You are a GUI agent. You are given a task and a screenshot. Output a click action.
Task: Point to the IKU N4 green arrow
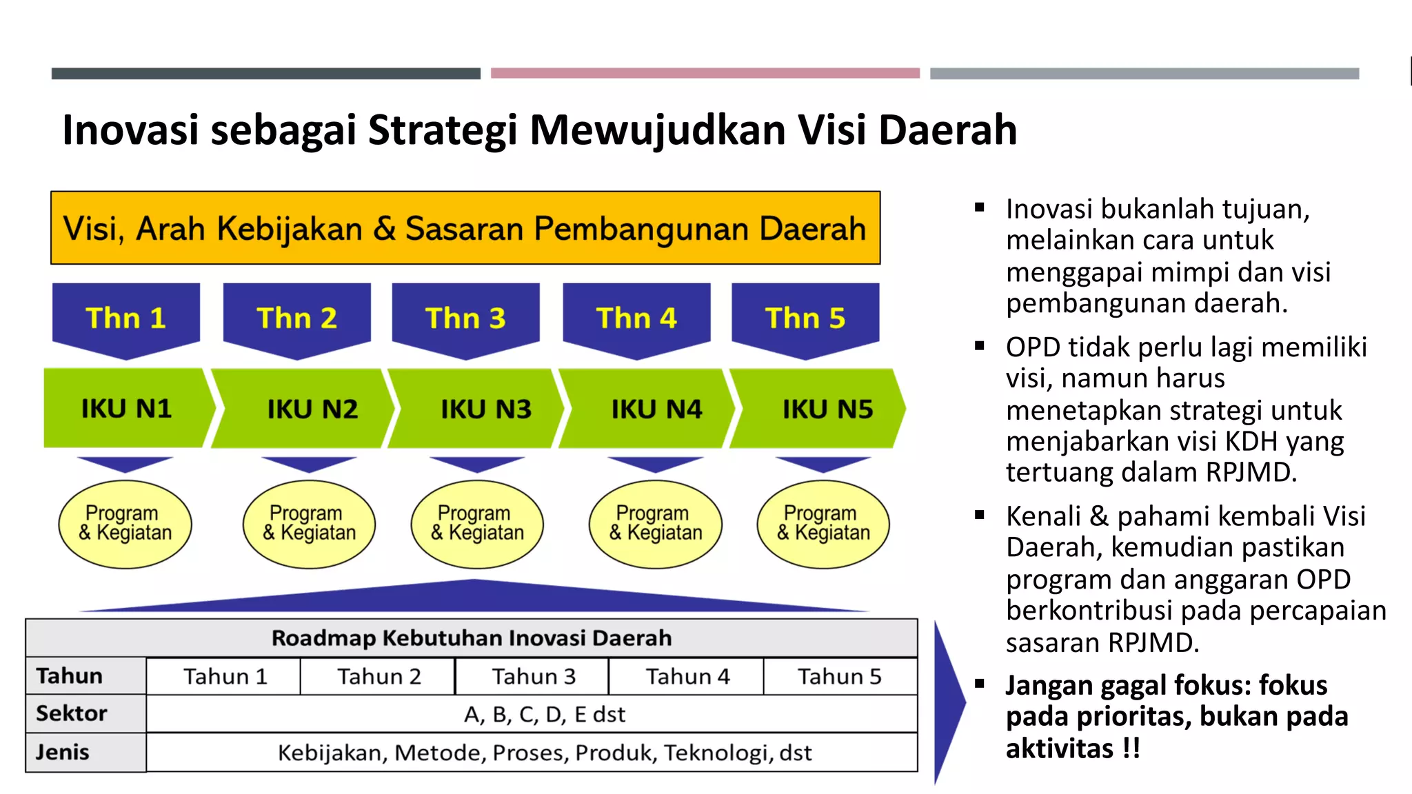pyautogui.click(x=648, y=409)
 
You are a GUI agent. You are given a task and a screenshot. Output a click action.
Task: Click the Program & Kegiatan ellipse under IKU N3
pyautogui.click(x=477, y=524)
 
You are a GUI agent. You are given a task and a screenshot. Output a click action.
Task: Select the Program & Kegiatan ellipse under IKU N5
pyautogui.click(x=823, y=524)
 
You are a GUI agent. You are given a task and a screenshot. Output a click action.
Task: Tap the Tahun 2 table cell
pyautogui.click(x=378, y=676)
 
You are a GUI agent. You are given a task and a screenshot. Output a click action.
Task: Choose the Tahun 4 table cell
pyautogui.click(x=687, y=676)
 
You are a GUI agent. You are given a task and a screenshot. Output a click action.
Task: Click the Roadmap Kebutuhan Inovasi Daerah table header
pyautogui.click(x=472, y=638)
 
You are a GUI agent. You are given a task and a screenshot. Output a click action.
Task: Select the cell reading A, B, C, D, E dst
pyautogui.click(x=545, y=714)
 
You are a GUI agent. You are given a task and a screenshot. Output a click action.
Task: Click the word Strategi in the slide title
pyautogui.click(x=443, y=130)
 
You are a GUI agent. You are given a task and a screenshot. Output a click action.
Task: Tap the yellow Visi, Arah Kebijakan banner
pyautogui.click(x=465, y=228)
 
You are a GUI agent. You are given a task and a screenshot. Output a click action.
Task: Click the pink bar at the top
pyautogui.click(x=705, y=73)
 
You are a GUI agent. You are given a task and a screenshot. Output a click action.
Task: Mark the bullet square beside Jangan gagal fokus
pyautogui.click(x=980, y=684)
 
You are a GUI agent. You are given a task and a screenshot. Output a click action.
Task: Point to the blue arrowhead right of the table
pyautogui.click(x=949, y=702)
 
